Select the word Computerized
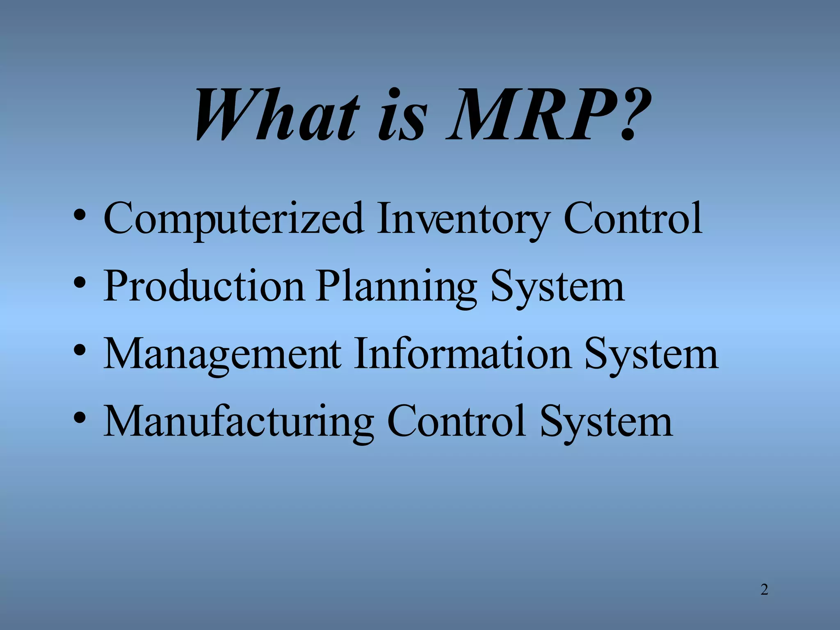click(x=233, y=219)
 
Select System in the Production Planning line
click(x=558, y=287)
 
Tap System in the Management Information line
click(x=652, y=355)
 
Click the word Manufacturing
click(x=238, y=422)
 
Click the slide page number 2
click(x=764, y=590)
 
